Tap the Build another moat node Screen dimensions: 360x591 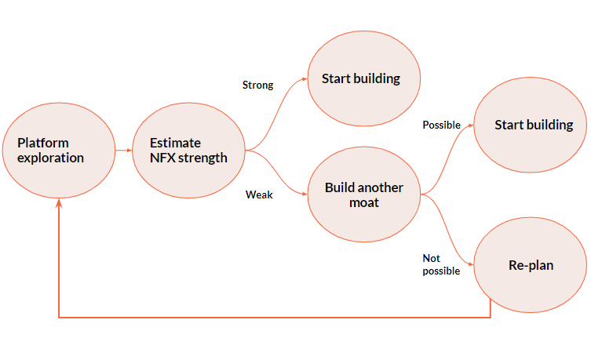click(x=364, y=195)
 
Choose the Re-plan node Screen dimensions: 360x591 click(x=531, y=265)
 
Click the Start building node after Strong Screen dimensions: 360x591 click(x=361, y=78)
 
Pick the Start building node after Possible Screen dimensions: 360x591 click(x=533, y=125)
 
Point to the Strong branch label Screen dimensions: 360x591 click(x=257, y=85)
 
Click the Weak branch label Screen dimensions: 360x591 click(x=259, y=195)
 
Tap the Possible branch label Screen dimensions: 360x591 click(x=441, y=125)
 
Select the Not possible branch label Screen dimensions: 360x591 click(x=441, y=264)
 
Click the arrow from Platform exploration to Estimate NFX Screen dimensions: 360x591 click(x=122, y=150)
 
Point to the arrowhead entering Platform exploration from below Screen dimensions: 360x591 click(x=59, y=203)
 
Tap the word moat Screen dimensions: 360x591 click(x=364, y=202)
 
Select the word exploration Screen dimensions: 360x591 click(x=50, y=158)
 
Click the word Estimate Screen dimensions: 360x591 click(x=175, y=143)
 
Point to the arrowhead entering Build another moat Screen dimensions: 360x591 click(x=304, y=194)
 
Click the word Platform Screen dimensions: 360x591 click(x=43, y=143)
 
